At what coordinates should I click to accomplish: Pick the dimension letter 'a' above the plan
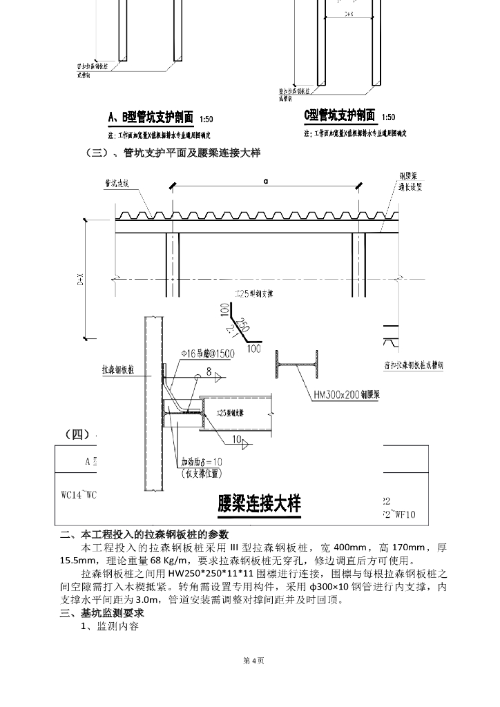(x=265, y=181)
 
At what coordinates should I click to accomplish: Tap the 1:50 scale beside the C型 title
(x=388, y=117)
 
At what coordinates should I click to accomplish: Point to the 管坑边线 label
(x=122, y=184)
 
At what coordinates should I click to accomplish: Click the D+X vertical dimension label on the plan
(x=80, y=280)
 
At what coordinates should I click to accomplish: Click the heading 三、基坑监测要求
(x=104, y=613)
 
